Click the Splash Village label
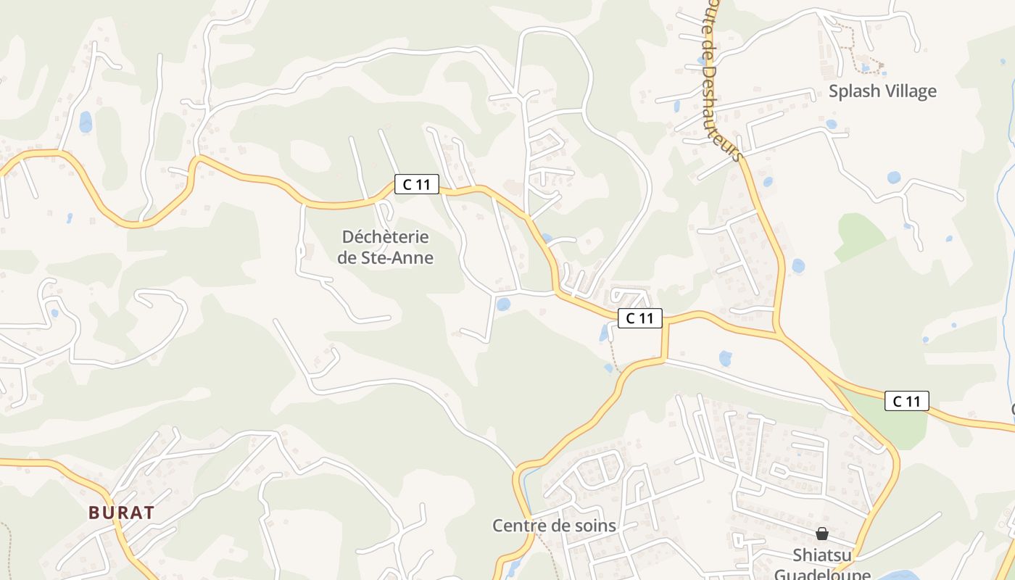(x=882, y=91)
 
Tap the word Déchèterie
(x=385, y=237)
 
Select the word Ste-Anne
(x=397, y=257)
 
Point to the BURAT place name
(x=121, y=513)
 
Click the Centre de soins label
(x=554, y=526)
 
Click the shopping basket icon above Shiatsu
(x=821, y=534)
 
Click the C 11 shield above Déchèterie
(x=417, y=184)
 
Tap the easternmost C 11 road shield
(x=906, y=401)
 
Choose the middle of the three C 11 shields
(x=640, y=318)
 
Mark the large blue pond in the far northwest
(x=86, y=121)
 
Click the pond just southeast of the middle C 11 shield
(x=725, y=358)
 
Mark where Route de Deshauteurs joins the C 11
(x=778, y=334)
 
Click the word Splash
(x=854, y=91)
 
